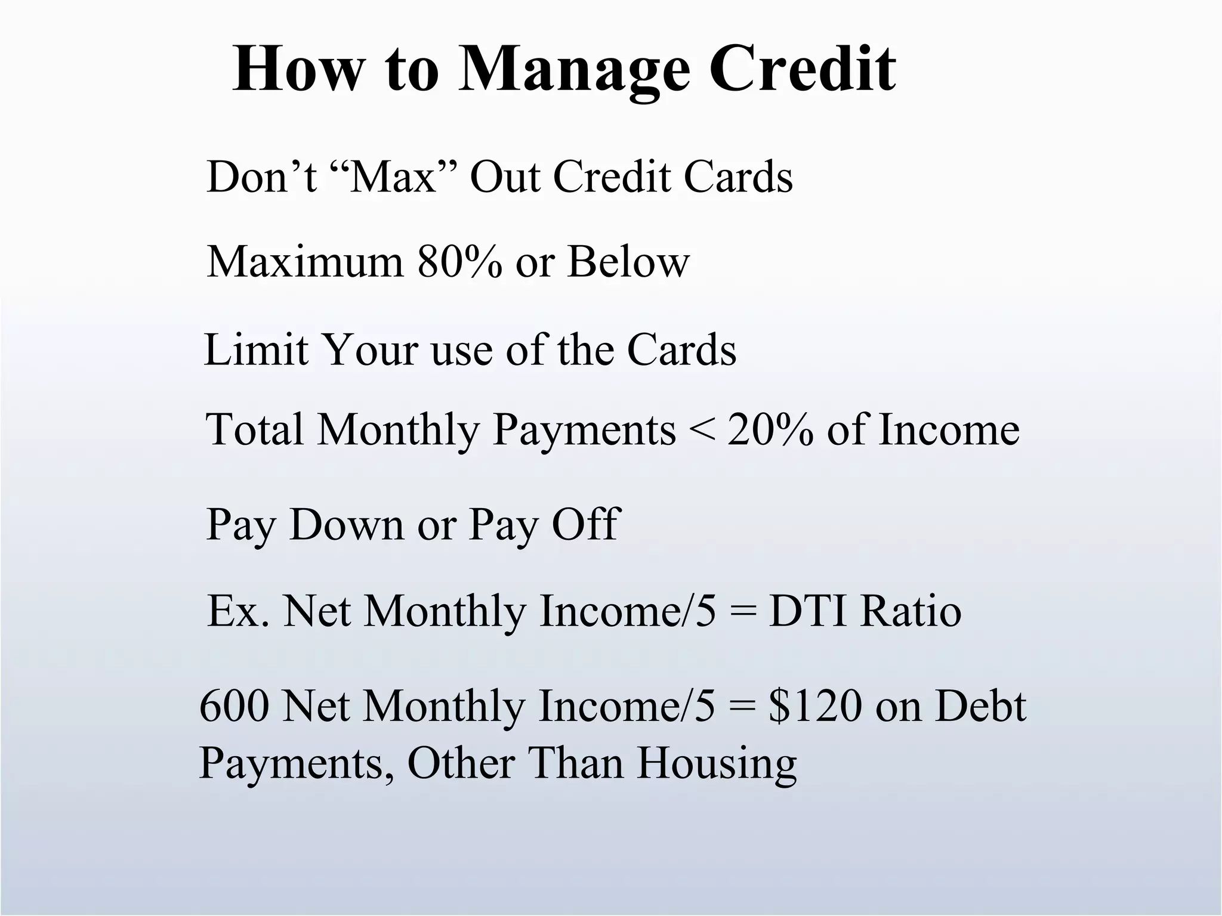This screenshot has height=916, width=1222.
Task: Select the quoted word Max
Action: pos(393,177)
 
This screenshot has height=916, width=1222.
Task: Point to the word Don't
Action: pos(261,177)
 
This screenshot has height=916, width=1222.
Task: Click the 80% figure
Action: pos(459,262)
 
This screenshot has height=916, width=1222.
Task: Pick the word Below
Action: pos(628,262)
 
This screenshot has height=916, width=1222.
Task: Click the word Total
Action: pos(254,429)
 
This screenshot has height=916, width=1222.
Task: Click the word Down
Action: pos(347,524)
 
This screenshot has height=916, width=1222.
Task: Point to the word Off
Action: pos(585,524)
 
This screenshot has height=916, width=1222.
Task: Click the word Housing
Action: pos(717,764)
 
